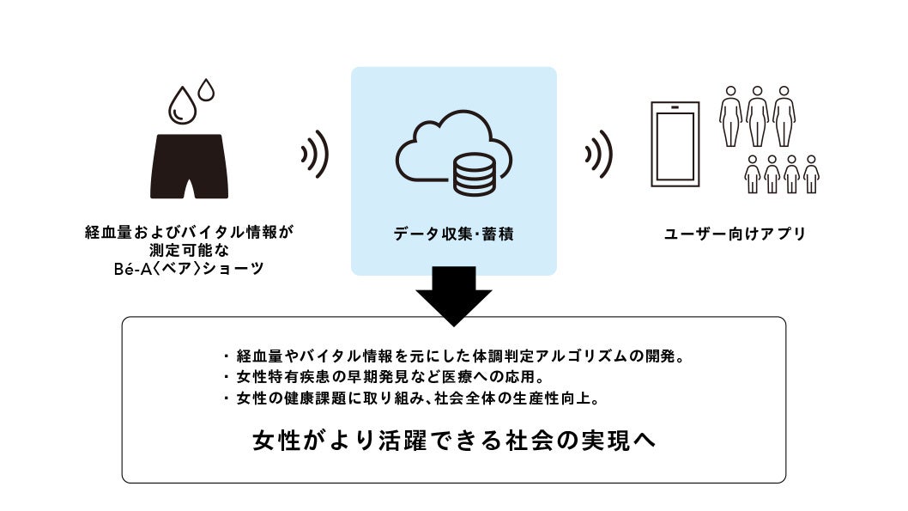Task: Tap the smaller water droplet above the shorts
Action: (206, 88)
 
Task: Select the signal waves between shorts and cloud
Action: (315, 155)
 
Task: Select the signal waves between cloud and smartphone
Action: (598, 155)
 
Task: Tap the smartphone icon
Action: (675, 145)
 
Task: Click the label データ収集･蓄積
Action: (453, 233)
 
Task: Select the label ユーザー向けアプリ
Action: (735, 233)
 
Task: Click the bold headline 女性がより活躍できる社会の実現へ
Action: (455, 440)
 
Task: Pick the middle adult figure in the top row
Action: (757, 115)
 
